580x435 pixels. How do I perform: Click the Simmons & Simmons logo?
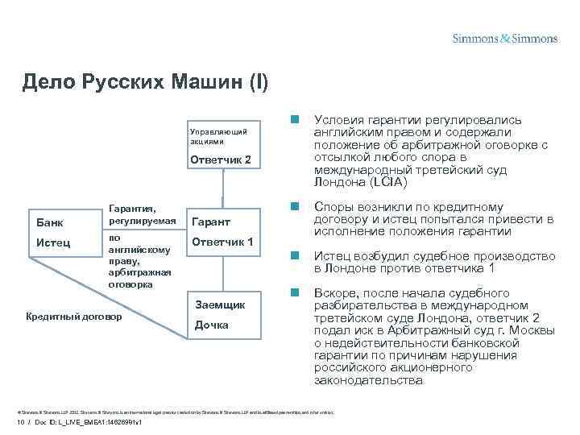tap(504, 38)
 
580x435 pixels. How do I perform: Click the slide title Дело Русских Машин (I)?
tap(146, 82)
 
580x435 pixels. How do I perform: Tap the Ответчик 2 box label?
tap(221, 160)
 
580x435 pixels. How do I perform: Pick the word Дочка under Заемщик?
tap(212, 325)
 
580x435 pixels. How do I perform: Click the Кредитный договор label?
tap(74, 317)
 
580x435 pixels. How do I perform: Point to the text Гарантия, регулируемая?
tap(141, 214)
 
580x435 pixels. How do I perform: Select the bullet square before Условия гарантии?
tap(296, 120)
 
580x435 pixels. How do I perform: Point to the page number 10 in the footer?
tap(19, 423)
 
